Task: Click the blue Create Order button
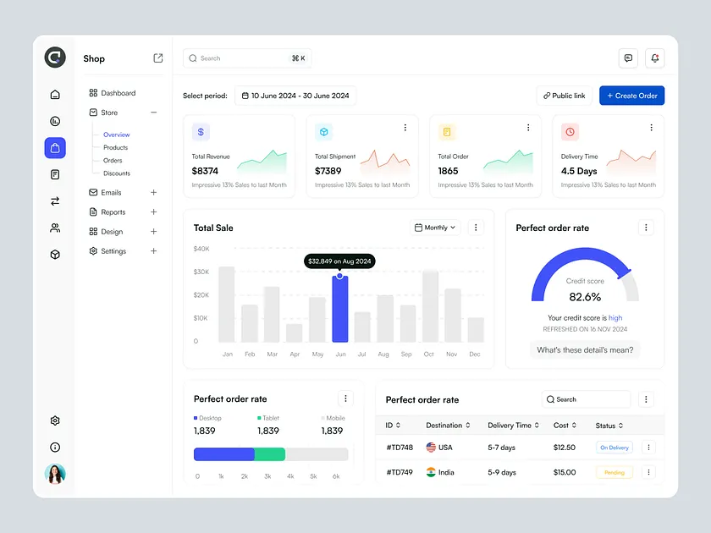(x=631, y=96)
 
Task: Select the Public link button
(x=564, y=96)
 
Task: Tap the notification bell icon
(x=654, y=58)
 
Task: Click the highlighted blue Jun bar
(x=339, y=309)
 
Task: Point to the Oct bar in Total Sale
(x=430, y=306)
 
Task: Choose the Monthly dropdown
(x=436, y=228)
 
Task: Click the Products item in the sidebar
(x=116, y=147)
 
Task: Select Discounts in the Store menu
(x=117, y=173)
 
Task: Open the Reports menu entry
(x=113, y=212)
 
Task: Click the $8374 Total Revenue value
(x=205, y=171)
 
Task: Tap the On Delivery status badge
(x=614, y=448)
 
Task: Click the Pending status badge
(x=614, y=473)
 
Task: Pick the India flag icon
(x=431, y=472)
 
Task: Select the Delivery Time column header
(x=510, y=426)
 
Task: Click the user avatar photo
(x=55, y=474)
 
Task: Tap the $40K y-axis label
(x=201, y=249)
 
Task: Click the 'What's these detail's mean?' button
(x=585, y=349)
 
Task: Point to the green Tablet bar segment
(x=270, y=454)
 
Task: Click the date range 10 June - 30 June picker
(x=295, y=96)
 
